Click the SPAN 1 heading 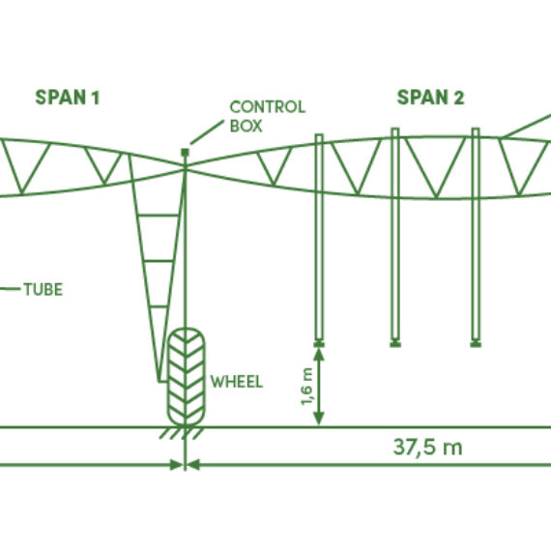[x=68, y=98]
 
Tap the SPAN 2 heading [x=430, y=98]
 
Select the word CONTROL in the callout [x=268, y=107]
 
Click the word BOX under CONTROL [x=246, y=127]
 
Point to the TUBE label [x=43, y=290]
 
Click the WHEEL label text [x=237, y=382]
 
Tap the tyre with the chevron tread [x=186, y=377]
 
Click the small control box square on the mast [x=186, y=153]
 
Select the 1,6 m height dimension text [x=306, y=387]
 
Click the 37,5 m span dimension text [x=427, y=447]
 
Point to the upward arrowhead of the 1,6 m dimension [x=319, y=354]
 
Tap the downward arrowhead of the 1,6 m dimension [x=319, y=419]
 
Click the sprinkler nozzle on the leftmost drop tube [x=319, y=344]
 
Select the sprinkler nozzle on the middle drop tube [x=395, y=344]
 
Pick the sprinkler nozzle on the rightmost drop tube [x=476, y=344]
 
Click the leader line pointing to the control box [x=207, y=132]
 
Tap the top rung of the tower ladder [x=159, y=215]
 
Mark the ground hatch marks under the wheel [x=182, y=433]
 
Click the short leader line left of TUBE [x=11, y=289]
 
